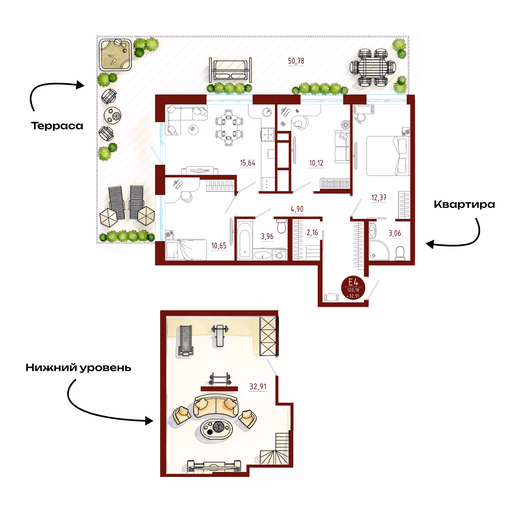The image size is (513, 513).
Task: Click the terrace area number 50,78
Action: click(296, 61)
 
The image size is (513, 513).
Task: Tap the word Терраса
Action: click(57, 126)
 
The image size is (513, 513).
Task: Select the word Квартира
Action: click(464, 204)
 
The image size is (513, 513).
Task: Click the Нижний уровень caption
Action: click(78, 368)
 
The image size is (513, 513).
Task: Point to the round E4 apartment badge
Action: click(353, 287)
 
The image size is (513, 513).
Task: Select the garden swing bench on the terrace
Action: click(230, 70)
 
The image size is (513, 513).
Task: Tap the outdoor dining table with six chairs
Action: click(373, 67)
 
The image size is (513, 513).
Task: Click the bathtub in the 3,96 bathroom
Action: click(244, 240)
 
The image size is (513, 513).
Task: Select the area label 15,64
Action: click(247, 163)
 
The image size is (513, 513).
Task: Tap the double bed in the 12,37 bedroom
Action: click(388, 156)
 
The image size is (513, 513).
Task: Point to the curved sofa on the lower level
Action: click(216, 406)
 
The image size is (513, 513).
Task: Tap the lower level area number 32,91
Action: click(258, 387)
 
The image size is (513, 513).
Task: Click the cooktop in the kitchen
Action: click(268, 135)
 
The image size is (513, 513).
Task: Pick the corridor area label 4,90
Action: click(297, 209)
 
